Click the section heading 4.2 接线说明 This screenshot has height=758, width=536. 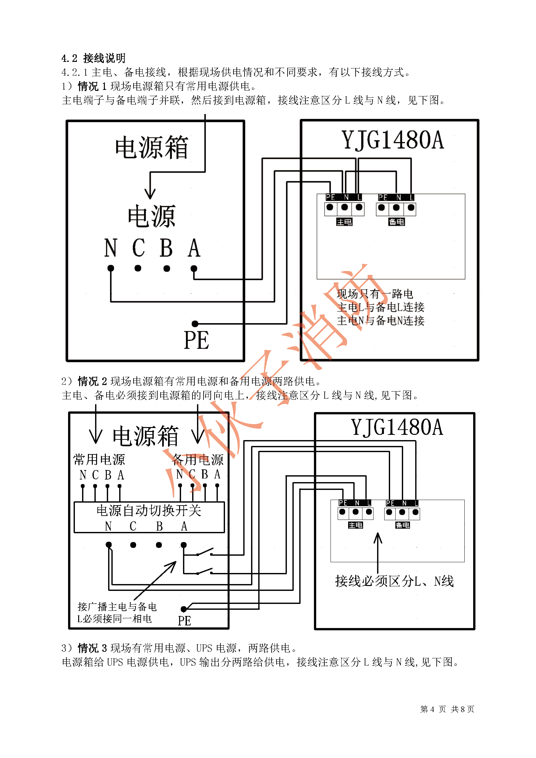pyautogui.click(x=93, y=58)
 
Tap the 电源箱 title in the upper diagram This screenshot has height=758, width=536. pyautogui.click(x=151, y=147)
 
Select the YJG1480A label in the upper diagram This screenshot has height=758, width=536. pyautogui.click(x=392, y=140)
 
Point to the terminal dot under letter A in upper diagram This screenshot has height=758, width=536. pyautogui.click(x=194, y=268)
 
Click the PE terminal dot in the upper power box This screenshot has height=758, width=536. pyautogui.click(x=195, y=323)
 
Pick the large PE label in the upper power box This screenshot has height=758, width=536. pyautogui.click(x=196, y=340)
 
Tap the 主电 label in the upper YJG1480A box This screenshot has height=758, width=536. pyautogui.click(x=344, y=222)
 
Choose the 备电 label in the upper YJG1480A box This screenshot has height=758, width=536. pyautogui.click(x=396, y=222)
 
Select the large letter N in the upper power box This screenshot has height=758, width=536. pyautogui.click(x=111, y=248)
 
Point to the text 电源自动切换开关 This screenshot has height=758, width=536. pyautogui.click(x=149, y=510)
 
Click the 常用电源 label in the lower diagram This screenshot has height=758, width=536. pyautogui.click(x=99, y=459)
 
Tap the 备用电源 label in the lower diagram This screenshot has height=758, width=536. pyautogui.click(x=198, y=459)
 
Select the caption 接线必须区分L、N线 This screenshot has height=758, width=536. pyautogui.click(x=394, y=581)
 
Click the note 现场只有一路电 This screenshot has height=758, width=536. pyautogui.click(x=375, y=294)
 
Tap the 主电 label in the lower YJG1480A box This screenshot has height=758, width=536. pyautogui.click(x=356, y=525)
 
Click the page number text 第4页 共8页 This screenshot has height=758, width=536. pyautogui.click(x=447, y=709)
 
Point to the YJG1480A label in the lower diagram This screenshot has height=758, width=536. pyautogui.click(x=397, y=427)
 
